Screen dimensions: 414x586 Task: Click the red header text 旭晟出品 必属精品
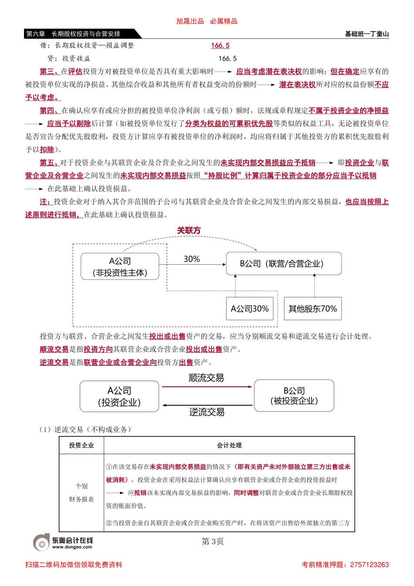[207, 21]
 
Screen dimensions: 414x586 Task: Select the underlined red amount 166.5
[220, 45]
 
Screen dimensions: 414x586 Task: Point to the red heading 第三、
[49, 72]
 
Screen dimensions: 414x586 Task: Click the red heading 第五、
[49, 163]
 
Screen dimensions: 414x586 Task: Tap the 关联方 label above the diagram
[189, 231]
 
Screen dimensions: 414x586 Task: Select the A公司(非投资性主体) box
[120, 267]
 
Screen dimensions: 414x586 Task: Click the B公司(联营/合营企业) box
[283, 264]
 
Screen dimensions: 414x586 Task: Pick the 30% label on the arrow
[191, 259]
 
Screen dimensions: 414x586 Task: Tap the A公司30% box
[250, 309]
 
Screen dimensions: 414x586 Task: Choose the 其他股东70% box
[312, 309]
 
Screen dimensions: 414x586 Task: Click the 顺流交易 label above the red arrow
[206, 378]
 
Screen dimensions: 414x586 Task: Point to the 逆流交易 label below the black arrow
[207, 412]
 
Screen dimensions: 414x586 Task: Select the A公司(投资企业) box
[119, 396]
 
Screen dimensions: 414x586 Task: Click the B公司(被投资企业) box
[294, 395]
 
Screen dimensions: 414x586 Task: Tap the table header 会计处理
[229, 445]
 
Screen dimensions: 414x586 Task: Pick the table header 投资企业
[81, 445]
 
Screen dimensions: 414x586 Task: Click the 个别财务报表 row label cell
[81, 493]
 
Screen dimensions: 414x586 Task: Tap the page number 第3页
[213, 542]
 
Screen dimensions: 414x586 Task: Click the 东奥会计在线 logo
[64, 542]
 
